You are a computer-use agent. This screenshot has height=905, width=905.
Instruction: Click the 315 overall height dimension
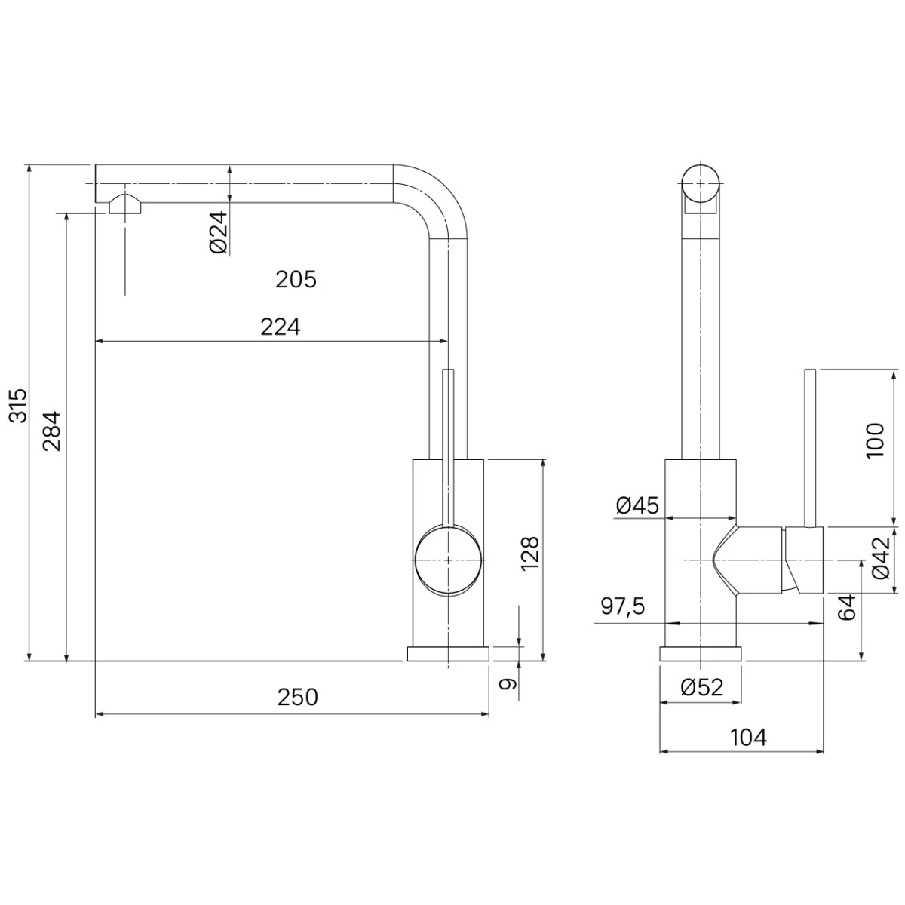[x=20, y=406]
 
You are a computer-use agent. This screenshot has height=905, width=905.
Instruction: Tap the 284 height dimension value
[x=52, y=431]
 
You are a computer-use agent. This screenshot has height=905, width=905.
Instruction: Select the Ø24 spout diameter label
[x=219, y=232]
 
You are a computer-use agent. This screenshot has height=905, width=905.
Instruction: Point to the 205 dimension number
[x=296, y=281]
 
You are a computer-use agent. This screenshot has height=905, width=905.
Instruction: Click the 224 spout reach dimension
[x=281, y=327]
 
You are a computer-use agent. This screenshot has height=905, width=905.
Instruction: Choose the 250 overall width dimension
[x=298, y=698]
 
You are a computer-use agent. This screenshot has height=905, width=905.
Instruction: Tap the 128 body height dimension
[x=529, y=554]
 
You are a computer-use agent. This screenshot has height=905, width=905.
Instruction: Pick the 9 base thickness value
[x=507, y=684]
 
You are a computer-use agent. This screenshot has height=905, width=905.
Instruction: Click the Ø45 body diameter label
[x=637, y=505]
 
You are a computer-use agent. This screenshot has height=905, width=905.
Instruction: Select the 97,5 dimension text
[x=623, y=607]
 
